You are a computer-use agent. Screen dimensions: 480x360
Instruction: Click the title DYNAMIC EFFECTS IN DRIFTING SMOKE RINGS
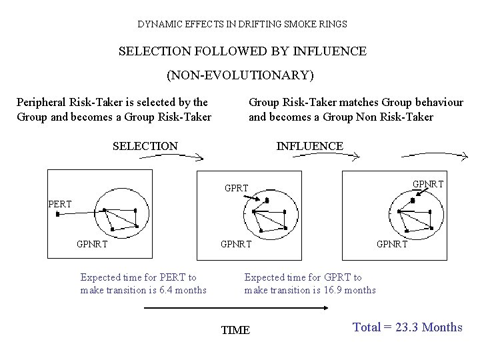tap(242, 24)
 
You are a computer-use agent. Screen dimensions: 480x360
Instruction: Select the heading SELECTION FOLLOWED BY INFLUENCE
tap(242, 51)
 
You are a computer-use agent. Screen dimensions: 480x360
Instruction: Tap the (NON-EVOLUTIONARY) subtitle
tap(240, 74)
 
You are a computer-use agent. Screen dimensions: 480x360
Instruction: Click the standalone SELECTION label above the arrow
tap(145, 146)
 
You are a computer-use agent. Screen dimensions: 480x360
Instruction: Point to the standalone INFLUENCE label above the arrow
tap(309, 146)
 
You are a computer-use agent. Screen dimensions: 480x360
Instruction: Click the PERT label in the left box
tap(60, 203)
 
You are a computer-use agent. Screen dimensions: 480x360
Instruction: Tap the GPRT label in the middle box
tap(237, 189)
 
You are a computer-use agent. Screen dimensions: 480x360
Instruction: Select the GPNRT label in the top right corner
tap(428, 183)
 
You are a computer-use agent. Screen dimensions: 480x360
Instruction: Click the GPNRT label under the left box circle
tap(93, 244)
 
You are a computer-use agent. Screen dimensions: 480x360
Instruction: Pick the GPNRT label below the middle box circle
tap(236, 244)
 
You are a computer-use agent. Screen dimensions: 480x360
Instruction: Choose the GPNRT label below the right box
tap(392, 244)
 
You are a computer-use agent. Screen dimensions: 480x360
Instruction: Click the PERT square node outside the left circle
tap(57, 214)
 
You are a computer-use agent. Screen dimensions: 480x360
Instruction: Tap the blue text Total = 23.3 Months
tap(407, 327)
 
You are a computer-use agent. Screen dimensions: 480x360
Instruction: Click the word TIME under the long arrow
tap(235, 330)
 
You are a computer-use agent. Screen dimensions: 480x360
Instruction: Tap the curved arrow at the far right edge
tap(433, 157)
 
